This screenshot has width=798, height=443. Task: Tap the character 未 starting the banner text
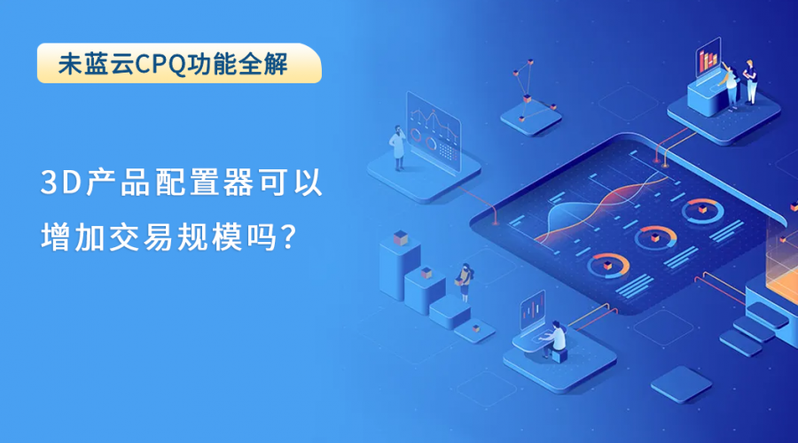click(70, 64)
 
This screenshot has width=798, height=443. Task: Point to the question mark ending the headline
click(288, 237)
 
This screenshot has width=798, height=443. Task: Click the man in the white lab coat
click(398, 147)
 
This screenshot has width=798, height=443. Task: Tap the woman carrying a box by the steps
click(464, 283)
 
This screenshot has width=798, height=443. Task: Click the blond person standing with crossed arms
click(749, 82)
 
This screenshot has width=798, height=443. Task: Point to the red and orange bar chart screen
click(708, 58)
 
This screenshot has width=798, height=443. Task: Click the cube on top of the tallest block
click(401, 237)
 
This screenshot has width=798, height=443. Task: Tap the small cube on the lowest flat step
click(476, 328)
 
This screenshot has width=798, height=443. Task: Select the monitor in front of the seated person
click(533, 309)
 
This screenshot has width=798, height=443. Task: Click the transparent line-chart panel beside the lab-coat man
click(434, 132)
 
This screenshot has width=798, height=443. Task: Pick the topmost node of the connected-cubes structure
click(530, 62)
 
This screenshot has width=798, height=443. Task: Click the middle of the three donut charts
click(655, 237)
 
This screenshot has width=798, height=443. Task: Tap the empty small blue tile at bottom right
click(681, 385)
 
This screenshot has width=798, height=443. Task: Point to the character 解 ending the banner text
click(276, 64)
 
